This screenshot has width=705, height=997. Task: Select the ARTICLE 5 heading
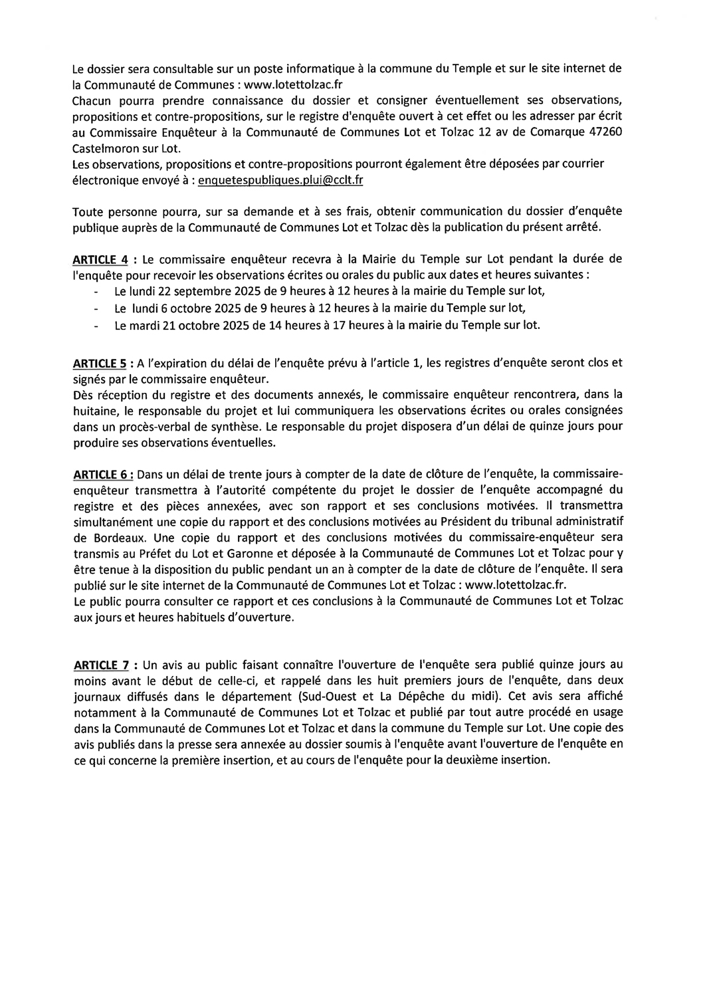tap(100, 364)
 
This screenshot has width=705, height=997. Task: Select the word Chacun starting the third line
tap(92, 100)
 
